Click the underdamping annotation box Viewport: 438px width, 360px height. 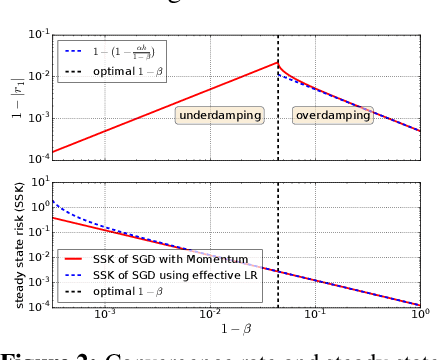point(219,116)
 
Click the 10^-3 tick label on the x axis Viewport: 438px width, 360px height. point(105,316)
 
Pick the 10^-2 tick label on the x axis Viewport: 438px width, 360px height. point(210,316)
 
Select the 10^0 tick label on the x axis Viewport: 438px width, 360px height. point(421,316)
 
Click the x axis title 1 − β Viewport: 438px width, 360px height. point(237,331)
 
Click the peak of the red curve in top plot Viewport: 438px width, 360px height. point(277,62)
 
